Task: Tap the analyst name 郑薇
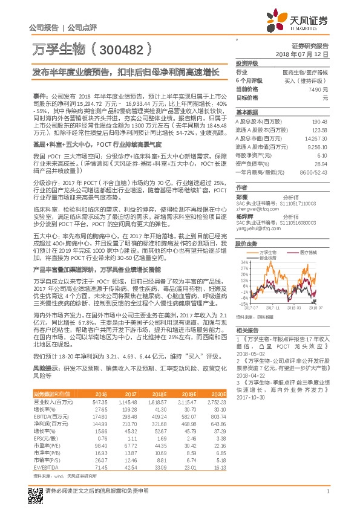click(242, 197)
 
